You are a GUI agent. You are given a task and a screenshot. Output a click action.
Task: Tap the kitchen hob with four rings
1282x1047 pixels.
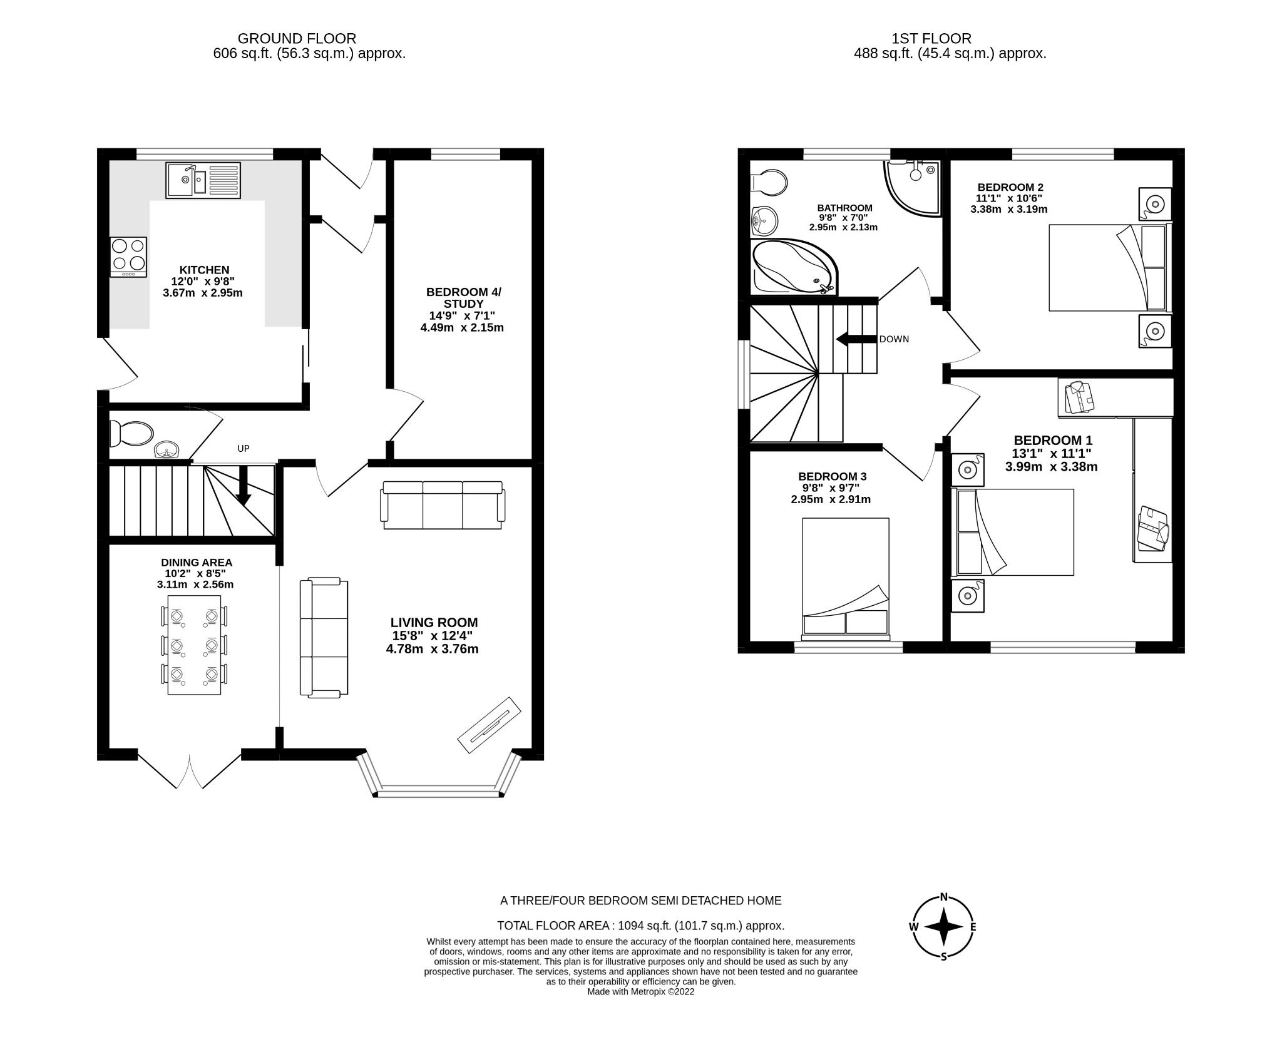(x=128, y=257)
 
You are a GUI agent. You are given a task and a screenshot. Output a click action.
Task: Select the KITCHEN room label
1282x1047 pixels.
(x=205, y=270)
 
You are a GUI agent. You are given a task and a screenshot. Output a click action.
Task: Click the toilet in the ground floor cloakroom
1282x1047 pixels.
(x=131, y=433)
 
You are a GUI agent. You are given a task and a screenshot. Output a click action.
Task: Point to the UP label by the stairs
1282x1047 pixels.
(x=244, y=448)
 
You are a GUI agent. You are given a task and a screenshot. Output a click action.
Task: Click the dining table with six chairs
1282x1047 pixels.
(x=195, y=645)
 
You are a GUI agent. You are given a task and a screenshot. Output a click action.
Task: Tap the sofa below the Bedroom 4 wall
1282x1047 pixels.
(x=443, y=504)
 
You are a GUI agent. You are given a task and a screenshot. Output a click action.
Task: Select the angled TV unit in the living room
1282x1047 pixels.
(x=490, y=724)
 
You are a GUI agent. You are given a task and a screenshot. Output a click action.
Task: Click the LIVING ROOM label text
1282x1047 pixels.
(x=434, y=622)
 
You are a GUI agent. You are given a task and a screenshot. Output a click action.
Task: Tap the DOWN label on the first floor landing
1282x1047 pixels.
(x=894, y=339)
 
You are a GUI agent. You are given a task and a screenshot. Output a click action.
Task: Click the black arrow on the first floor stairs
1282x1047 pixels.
(x=856, y=339)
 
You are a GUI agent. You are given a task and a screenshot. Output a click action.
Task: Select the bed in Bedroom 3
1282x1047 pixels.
(x=845, y=576)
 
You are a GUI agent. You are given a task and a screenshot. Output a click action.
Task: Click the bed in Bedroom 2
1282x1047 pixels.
(x=1109, y=267)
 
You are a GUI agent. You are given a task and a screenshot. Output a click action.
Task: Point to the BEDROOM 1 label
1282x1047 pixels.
(x=1053, y=441)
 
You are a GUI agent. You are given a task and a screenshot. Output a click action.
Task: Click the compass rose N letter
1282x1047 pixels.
(x=944, y=896)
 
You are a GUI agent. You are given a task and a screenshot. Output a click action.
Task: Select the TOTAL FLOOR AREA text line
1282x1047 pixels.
(x=640, y=926)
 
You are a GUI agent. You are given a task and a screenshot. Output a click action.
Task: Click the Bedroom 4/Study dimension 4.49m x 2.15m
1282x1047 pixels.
(x=462, y=327)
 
